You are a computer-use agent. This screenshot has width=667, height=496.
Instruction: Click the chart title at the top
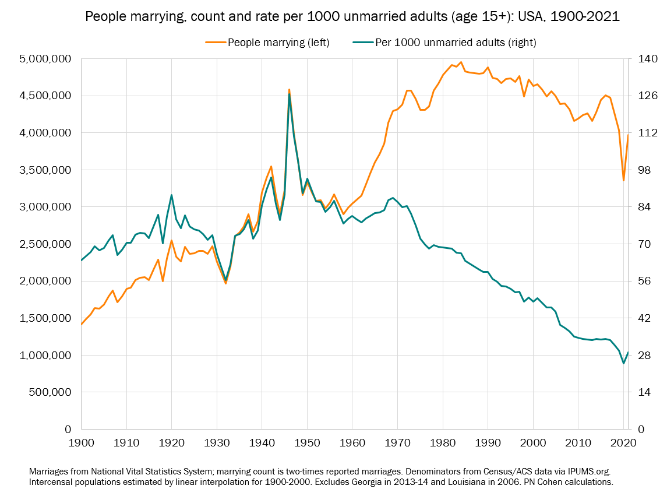coord(352,17)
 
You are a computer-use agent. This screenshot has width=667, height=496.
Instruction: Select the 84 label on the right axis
coord(646,207)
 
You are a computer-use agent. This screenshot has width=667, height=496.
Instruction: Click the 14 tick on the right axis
coord(646,392)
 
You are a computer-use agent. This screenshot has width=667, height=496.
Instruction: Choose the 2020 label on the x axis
coord(622,443)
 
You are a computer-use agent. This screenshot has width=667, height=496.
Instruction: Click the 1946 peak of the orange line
coord(289,90)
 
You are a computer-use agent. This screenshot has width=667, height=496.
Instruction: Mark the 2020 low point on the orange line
coord(623,180)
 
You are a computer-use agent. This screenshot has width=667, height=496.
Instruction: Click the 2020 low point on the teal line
coord(623,363)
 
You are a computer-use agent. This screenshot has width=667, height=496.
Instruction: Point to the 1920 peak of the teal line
coord(171,195)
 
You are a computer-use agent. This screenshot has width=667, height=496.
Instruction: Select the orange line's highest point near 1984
coord(461,62)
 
